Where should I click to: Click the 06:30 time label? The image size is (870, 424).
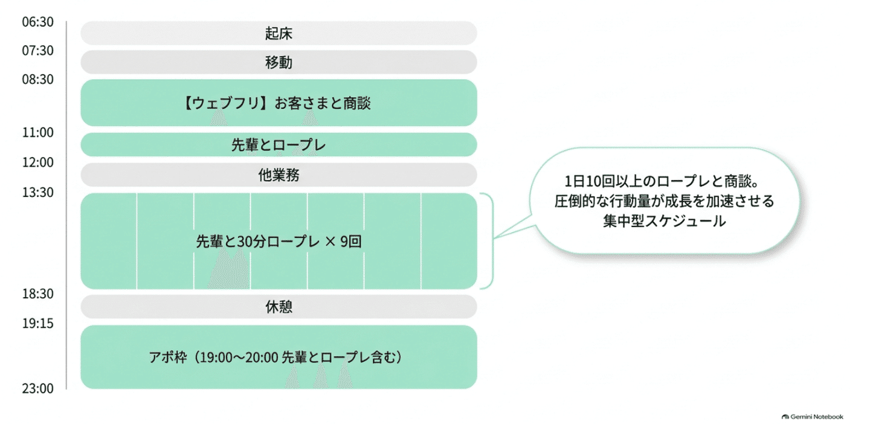click(37, 22)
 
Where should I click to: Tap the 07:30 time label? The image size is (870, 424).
click(37, 51)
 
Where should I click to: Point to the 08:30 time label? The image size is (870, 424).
click(37, 79)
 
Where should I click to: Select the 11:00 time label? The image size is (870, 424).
click(37, 132)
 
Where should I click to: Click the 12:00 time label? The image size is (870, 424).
click(37, 162)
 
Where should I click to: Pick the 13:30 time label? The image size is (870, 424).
click(37, 192)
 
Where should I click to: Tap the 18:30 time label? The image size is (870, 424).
click(37, 294)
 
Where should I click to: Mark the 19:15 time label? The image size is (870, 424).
click(37, 323)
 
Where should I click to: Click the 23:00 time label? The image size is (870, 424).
click(37, 388)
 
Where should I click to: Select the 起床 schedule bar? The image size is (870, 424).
click(279, 33)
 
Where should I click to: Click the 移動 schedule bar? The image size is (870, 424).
click(279, 62)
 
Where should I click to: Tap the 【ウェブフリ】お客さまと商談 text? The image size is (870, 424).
click(276, 103)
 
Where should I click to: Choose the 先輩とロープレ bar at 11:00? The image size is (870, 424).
click(279, 144)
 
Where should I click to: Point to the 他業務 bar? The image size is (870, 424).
click(279, 175)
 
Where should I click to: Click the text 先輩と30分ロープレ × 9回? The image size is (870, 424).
click(279, 242)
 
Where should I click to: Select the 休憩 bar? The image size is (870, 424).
click(279, 307)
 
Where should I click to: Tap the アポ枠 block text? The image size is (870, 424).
click(275, 357)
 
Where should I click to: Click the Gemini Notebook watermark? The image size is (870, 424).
click(813, 417)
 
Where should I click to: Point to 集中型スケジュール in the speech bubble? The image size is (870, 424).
click(664, 221)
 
